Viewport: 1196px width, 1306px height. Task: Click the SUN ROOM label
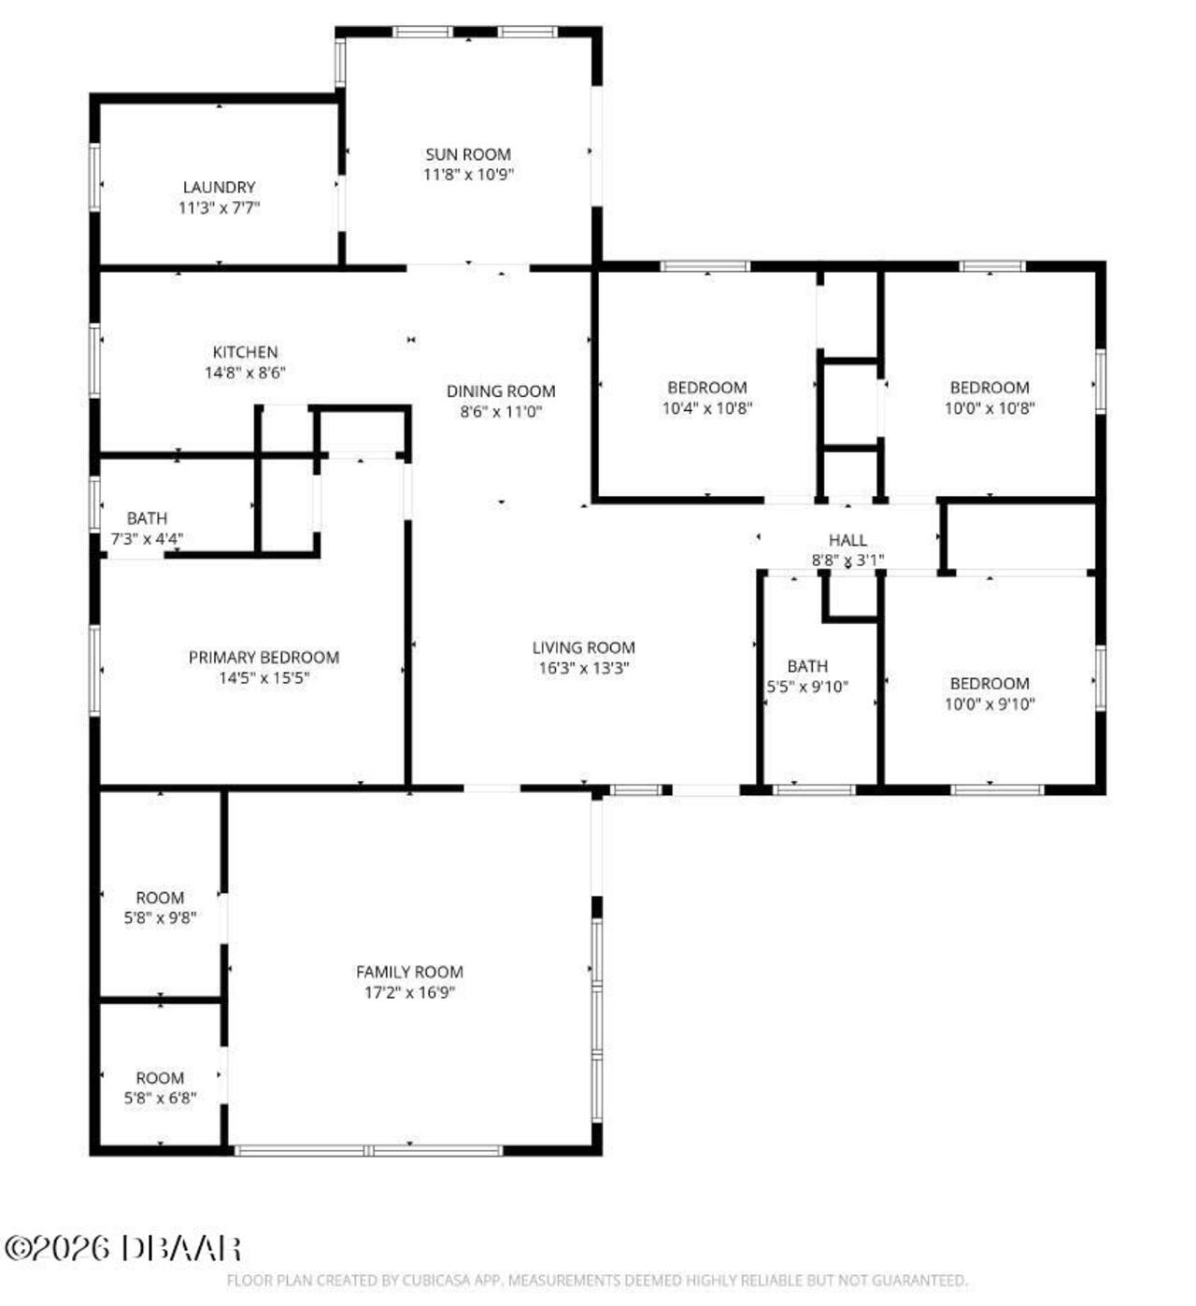[467, 154]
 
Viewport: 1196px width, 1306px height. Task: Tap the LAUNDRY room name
[219, 187]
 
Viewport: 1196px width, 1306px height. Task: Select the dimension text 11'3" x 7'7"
[219, 207]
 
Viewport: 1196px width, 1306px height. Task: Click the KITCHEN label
[245, 352]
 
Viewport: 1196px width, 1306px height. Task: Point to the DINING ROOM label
[501, 390]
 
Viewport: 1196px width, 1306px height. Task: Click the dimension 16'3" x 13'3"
[584, 668]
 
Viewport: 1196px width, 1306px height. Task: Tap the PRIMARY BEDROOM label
[263, 657]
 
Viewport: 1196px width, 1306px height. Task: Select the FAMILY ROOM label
[409, 972]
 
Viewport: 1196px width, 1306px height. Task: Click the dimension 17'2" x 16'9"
[409, 992]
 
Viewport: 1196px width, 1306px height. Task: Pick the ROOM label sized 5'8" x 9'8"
[160, 898]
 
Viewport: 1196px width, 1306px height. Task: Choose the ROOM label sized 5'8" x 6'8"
[160, 1077]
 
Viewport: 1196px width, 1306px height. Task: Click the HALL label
[847, 540]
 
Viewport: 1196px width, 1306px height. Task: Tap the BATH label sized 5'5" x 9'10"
[807, 666]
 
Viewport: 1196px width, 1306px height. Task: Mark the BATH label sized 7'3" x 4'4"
[147, 518]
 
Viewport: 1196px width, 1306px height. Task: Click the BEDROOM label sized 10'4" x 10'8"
[707, 387]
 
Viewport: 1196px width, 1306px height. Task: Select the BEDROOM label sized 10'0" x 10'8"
[990, 387]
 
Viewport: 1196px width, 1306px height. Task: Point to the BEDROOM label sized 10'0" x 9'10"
[990, 683]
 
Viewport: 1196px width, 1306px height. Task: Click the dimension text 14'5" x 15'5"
[263, 677]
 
